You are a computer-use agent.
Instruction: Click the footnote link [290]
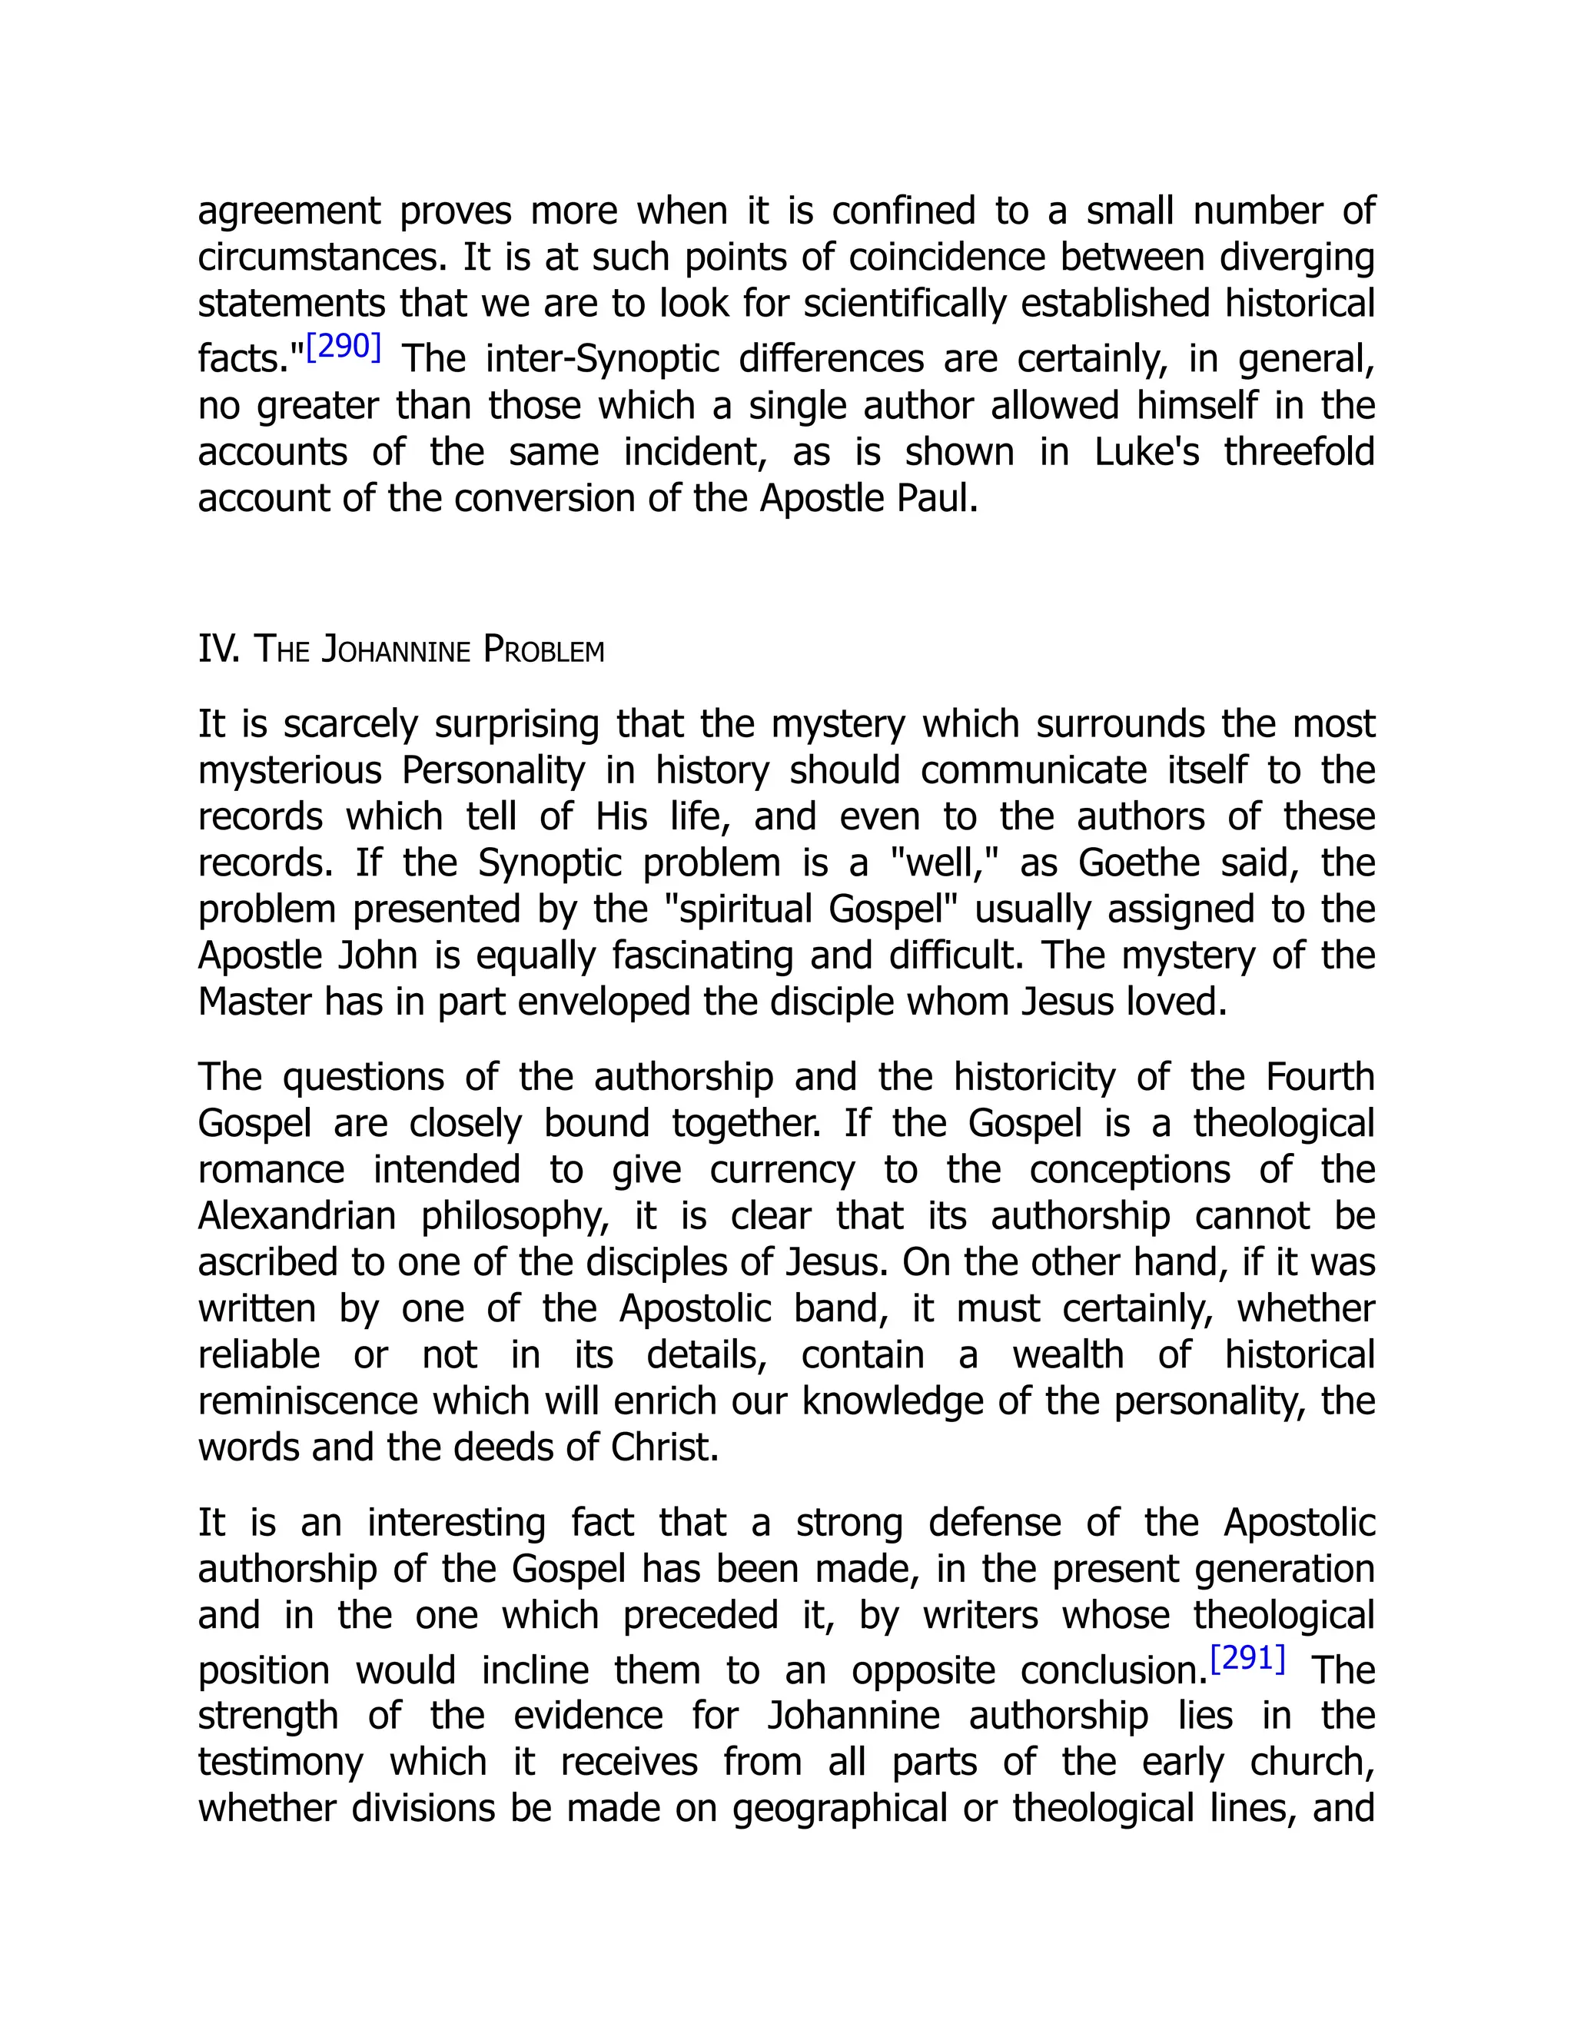point(343,347)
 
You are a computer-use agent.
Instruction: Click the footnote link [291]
point(1247,1658)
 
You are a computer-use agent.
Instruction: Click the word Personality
point(493,771)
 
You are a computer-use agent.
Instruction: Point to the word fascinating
point(700,956)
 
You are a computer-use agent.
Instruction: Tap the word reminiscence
point(307,1401)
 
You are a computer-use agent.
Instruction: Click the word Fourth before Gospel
point(1320,1077)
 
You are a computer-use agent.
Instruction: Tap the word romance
point(271,1170)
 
